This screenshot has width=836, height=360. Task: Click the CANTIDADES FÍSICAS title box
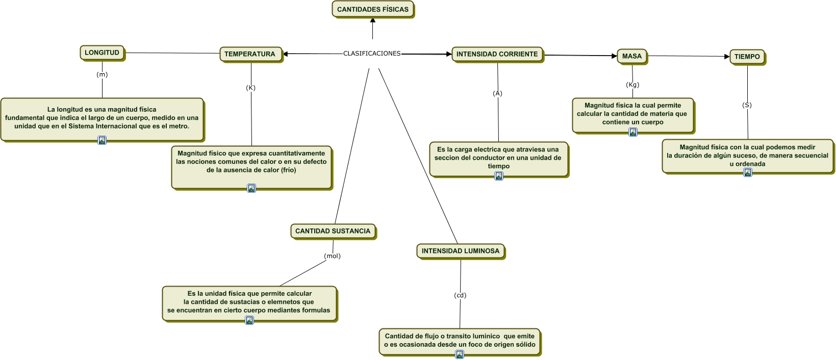click(x=373, y=9)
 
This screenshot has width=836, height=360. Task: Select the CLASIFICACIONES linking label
click(x=372, y=54)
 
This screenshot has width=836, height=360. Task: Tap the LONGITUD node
click(x=102, y=53)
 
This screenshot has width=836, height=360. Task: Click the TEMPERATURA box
click(x=250, y=54)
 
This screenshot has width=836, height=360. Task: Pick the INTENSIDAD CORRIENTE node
click(x=497, y=54)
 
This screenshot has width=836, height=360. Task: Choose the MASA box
click(x=632, y=56)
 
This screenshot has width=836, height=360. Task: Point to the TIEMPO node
click(x=747, y=57)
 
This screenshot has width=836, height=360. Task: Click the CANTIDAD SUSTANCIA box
click(x=333, y=231)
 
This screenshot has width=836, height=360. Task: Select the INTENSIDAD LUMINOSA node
click(x=461, y=251)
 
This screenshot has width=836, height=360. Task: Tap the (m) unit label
click(x=102, y=74)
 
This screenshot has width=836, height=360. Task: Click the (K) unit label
click(x=250, y=88)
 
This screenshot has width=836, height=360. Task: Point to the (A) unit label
click(x=497, y=93)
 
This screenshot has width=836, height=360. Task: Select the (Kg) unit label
click(x=632, y=85)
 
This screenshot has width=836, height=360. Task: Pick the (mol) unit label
click(x=332, y=256)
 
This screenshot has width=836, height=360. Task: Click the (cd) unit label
click(x=460, y=295)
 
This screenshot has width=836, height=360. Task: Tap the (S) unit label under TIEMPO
click(x=747, y=105)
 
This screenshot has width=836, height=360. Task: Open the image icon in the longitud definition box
click(x=102, y=140)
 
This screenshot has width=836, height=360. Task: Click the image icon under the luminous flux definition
click(x=460, y=354)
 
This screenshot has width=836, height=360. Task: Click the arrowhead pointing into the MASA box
click(x=614, y=56)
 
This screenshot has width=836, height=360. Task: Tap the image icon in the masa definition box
click(x=633, y=132)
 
